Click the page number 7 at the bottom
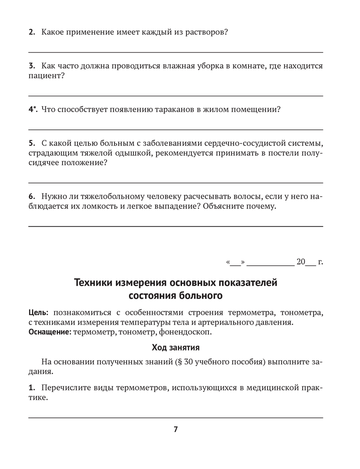tap(176, 429)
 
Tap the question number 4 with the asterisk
tap(32, 110)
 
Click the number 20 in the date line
tap(301, 262)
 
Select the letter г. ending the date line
tap(320, 262)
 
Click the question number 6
tap(31, 197)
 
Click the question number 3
tap(31, 66)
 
